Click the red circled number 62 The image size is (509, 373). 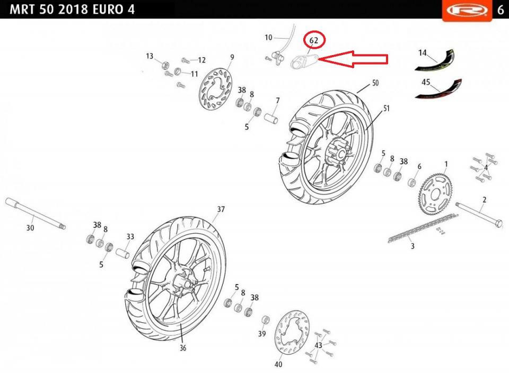(314, 40)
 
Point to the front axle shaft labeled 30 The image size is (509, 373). (35, 214)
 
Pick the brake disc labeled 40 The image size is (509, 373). (291, 335)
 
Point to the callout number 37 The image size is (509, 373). (221, 210)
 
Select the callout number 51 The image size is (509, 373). (387, 108)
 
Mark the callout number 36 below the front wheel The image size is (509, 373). (183, 348)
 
